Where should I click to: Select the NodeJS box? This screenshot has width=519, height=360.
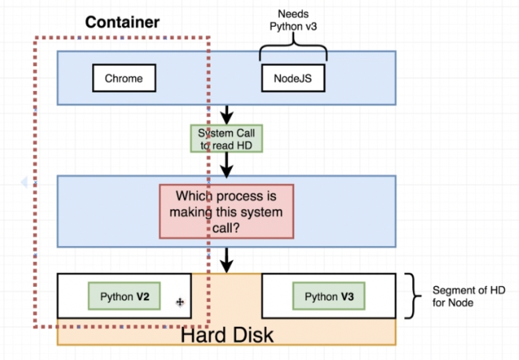[293, 78]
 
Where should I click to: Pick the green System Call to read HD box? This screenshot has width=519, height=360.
[226, 139]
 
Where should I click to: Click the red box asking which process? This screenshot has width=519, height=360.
[226, 211]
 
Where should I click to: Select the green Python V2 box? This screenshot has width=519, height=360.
[125, 297]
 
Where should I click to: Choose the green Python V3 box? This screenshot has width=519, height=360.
[329, 297]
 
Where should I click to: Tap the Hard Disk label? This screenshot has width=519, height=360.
[226, 335]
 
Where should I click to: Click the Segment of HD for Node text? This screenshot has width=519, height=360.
[463, 296]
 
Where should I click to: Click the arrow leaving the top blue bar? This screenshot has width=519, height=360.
[226, 115]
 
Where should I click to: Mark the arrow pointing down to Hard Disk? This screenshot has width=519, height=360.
[226, 259]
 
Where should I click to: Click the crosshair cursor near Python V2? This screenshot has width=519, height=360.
[180, 301]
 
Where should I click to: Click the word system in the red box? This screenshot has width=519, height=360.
[260, 211]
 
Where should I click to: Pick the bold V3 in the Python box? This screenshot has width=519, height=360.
[347, 297]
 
